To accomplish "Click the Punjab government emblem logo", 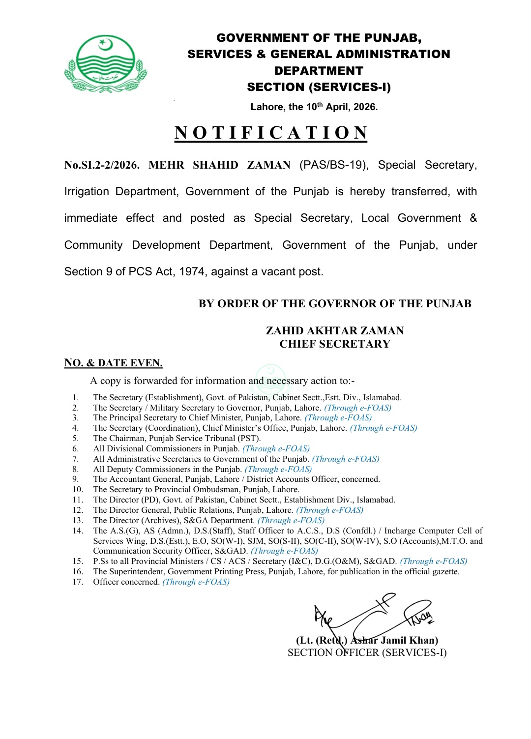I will (x=105, y=64).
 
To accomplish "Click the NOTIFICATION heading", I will (x=271, y=133).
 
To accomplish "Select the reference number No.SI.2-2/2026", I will (x=102, y=165).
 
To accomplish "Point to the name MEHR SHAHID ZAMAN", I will (x=219, y=165).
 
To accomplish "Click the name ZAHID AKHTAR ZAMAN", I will (x=335, y=331).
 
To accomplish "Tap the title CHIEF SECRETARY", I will (x=335, y=344).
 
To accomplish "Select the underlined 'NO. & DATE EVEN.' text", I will (x=114, y=363).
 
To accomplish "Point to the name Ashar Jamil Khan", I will (x=394, y=640).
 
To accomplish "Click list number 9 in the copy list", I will (x=75, y=479).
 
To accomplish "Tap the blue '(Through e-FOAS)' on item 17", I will (x=196, y=582).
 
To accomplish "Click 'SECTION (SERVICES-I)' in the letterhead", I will (x=319, y=88).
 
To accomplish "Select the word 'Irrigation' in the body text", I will (x=87, y=192).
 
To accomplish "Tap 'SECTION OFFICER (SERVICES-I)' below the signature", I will (x=367, y=653).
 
